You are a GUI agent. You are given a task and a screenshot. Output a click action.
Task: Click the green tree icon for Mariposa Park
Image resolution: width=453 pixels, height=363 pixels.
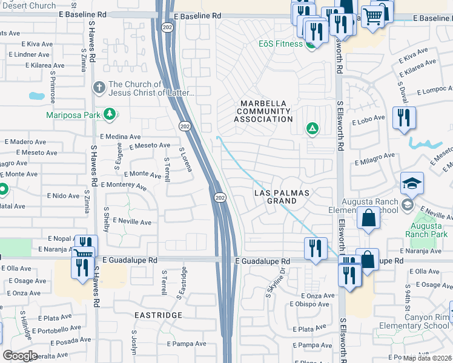[x=110, y=114]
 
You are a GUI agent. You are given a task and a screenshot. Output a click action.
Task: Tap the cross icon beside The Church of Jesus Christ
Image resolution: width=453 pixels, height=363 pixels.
[x=99, y=88]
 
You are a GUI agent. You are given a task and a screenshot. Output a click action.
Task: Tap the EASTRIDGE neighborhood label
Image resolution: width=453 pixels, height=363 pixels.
[x=158, y=315]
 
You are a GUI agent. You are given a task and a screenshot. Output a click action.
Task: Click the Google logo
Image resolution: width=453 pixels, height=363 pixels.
[x=19, y=355]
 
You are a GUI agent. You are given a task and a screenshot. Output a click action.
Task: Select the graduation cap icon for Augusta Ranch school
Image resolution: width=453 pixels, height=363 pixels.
[x=412, y=183]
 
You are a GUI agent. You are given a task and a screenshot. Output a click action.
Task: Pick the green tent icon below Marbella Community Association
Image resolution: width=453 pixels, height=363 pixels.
[x=312, y=128]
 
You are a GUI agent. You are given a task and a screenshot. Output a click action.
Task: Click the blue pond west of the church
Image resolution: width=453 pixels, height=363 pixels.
[x=37, y=96]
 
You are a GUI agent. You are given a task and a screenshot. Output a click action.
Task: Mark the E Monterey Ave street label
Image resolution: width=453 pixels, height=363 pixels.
[x=124, y=185]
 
